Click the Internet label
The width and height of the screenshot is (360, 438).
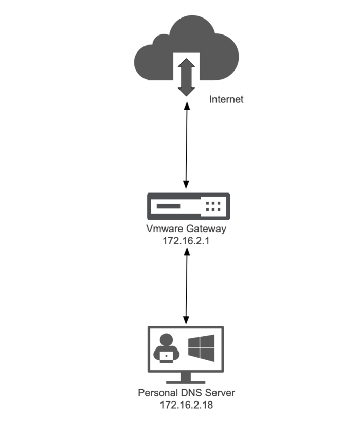click(x=226, y=99)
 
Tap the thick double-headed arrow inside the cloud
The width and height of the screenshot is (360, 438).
click(x=186, y=77)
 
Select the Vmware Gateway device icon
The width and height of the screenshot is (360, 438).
click(x=189, y=206)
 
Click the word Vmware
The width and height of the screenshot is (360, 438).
click(x=165, y=229)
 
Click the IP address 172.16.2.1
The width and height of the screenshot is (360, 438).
click(x=186, y=241)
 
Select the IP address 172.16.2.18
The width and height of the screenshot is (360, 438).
click(x=186, y=405)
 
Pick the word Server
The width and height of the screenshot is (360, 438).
click(x=220, y=393)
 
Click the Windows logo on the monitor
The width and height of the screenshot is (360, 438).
click(x=202, y=348)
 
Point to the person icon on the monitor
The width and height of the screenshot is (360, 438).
click(x=166, y=348)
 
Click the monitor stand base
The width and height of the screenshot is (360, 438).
click(x=186, y=381)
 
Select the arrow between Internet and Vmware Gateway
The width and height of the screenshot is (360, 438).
click(x=186, y=145)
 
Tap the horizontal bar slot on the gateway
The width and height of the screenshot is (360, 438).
click(x=168, y=206)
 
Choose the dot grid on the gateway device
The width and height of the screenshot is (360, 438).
click(x=213, y=206)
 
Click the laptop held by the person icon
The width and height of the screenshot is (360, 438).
click(x=166, y=357)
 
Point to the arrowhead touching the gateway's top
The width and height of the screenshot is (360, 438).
click(x=186, y=184)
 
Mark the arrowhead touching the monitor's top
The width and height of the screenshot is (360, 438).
click(x=186, y=321)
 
